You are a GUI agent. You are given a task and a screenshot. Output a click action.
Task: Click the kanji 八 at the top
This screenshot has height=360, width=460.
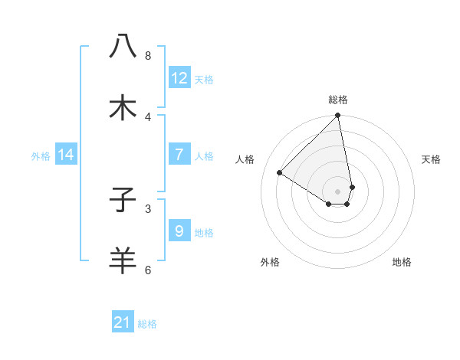click(123, 46)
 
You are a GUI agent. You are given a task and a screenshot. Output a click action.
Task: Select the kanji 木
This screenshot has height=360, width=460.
click(123, 107)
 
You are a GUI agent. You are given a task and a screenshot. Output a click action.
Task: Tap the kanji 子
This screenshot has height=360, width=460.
click(123, 200)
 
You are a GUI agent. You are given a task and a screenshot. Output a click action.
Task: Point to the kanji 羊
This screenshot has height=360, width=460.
click(123, 260)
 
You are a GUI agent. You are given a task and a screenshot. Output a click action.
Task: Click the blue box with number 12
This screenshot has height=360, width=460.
click(179, 78)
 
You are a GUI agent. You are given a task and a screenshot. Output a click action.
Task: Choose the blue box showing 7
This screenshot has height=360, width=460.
click(179, 155)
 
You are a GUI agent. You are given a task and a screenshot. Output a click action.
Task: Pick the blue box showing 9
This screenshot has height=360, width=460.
click(179, 231)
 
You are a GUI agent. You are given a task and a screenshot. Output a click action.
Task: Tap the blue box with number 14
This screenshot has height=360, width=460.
click(66, 155)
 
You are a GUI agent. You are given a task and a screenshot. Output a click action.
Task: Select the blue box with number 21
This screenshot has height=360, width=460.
click(123, 322)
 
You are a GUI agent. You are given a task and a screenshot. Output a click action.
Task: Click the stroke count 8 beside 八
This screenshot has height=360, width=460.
click(148, 56)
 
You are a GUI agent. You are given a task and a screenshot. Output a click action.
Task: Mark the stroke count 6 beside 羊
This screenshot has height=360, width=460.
click(148, 270)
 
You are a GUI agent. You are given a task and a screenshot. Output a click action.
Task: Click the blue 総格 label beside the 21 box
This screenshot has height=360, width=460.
click(147, 324)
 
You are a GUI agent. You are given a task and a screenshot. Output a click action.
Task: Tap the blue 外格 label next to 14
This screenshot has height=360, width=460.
click(41, 156)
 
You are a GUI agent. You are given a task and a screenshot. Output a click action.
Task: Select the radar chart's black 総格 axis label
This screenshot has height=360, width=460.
click(338, 100)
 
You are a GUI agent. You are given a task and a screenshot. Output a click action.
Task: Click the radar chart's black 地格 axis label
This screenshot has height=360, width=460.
click(402, 263)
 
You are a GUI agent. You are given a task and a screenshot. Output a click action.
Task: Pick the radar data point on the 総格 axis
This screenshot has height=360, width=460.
click(338, 116)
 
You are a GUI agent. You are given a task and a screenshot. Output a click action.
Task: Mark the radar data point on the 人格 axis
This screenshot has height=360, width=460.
click(280, 173)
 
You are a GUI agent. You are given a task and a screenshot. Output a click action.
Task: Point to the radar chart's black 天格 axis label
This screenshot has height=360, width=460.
click(432, 159)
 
